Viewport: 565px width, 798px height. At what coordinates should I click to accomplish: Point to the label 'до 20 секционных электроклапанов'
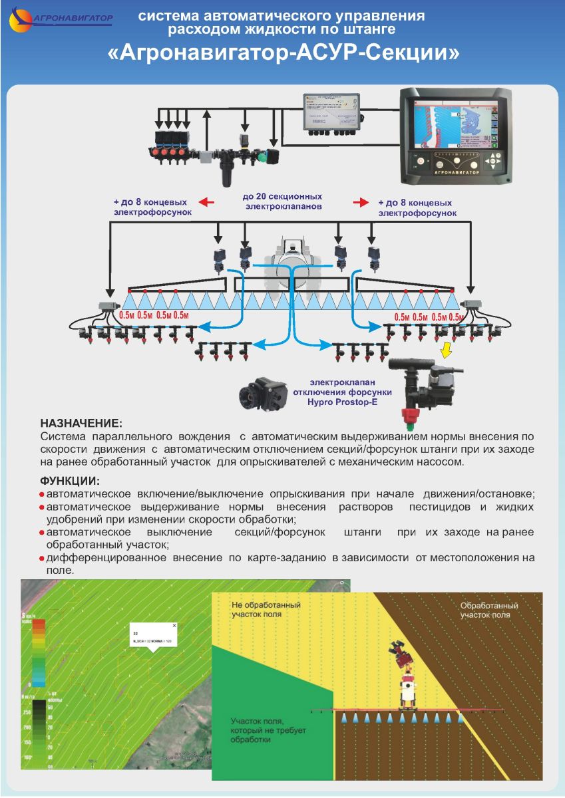click(283, 201)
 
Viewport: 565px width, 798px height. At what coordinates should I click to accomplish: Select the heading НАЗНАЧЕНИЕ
click(81, 423)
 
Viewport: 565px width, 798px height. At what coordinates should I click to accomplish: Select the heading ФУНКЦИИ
click(70, 480)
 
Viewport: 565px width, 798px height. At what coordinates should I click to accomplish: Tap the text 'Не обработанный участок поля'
click(266, 610)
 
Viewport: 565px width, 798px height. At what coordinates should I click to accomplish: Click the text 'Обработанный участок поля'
click(489, 610)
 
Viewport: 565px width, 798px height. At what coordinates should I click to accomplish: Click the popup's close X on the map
click(175, 626)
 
